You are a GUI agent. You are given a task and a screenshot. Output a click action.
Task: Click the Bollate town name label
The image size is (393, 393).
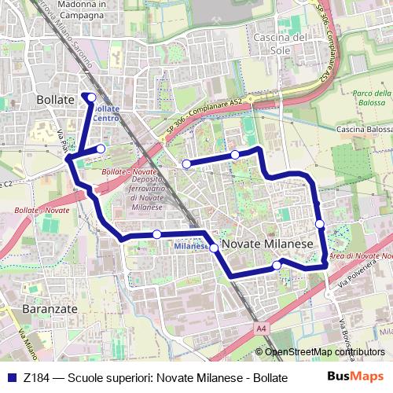(55, 100)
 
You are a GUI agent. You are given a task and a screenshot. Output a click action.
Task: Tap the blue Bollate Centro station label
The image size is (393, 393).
(107, 113)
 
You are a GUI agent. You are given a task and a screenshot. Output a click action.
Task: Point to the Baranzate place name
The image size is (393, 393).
(50, 309)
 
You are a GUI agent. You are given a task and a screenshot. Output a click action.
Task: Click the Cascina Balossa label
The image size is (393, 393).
(363, 129)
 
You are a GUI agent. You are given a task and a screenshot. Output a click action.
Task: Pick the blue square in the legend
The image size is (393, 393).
(12, 377)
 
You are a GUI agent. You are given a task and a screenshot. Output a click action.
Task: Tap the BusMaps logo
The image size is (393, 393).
(360, 376)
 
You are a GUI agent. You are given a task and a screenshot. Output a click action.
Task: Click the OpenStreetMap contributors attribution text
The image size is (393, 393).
(325, 353)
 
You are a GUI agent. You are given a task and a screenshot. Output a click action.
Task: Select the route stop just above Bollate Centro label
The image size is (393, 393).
(91, 97)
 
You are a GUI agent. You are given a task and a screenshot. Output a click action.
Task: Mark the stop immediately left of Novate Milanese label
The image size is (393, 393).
(213, 248)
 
